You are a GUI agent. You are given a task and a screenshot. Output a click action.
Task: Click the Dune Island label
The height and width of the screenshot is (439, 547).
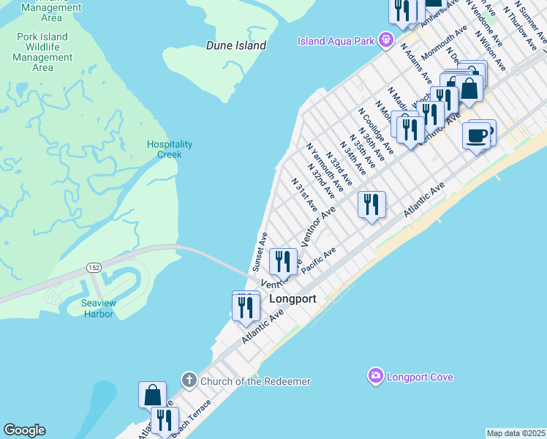click(x=235, y=45)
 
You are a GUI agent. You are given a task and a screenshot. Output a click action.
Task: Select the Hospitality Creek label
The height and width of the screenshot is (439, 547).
click(x=169, y=149)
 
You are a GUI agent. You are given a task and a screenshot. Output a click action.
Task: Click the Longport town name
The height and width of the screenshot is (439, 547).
click(x=293, y=299)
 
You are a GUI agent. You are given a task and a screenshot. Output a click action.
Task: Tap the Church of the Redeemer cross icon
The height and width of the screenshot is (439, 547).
click(x=189, y=381)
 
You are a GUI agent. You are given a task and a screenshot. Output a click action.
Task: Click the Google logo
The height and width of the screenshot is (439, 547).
click(x=23, y=430)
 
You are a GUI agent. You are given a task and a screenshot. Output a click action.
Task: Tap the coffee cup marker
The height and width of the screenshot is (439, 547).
click(x=476, y=137)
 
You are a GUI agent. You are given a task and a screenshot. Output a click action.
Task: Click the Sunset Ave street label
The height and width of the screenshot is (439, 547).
click(x=260, y=251)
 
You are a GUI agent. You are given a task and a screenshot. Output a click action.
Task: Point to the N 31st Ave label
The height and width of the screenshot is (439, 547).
click(x=303, y=193)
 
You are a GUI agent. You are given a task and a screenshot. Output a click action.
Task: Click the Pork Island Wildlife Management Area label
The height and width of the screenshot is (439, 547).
click(x=42, y=52)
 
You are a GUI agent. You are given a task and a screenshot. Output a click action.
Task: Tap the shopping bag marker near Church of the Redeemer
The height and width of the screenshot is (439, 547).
click(x=152, y=395)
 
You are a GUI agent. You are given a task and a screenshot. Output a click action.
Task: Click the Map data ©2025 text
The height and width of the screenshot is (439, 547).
click(x=516, y=433)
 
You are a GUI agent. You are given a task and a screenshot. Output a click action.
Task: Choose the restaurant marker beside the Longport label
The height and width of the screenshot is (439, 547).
click(x=282, y=262)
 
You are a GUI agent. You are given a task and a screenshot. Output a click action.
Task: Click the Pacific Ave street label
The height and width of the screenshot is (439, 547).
click(x=317, y=262)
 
